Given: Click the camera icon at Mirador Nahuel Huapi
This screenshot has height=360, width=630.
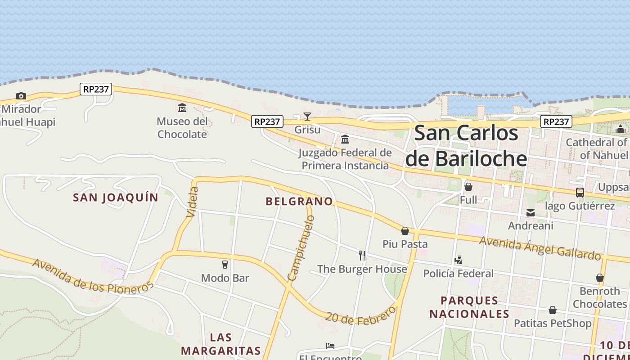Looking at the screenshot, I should pyautogui.click(x=21, y=96).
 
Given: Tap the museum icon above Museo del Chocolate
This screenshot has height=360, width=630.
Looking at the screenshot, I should pyautogui.click(x=182, y=108).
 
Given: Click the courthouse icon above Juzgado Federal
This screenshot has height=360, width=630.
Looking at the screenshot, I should pyautogui.click(x=345, y=139).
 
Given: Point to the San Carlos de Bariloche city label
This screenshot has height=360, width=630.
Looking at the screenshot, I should pyautogui.click(x=466, y=146).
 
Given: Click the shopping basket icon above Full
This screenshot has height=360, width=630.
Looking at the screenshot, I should pyautogui.click(x=468, y=186).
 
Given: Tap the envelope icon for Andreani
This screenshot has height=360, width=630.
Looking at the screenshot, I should pyautogui.click(x=531, y=213).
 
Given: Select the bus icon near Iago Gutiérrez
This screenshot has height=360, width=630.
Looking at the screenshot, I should pyautogui.click(x=580, y=193).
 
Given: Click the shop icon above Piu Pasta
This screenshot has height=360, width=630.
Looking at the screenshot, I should pyautogui.click(x=405, y=231).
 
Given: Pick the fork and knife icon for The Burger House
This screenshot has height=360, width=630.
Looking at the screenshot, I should pyautogui.click(x=362, y=256).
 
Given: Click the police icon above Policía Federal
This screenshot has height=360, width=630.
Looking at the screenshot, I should pyautogui.click(x=458, y=260).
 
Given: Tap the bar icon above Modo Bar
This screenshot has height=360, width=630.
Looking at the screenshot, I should pyautogui.click(x=225, y=264).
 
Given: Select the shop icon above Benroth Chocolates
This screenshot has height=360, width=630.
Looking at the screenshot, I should pyautogui.click(x=600, y=278).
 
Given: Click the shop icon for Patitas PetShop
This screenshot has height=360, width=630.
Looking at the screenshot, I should pyautogui.click(x=553, y=310).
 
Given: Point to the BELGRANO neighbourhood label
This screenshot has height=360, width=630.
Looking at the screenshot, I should pyautogui.click(x=299, y=202).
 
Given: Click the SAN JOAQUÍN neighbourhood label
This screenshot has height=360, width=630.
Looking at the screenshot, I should pyautogui.click(x=116, y=198).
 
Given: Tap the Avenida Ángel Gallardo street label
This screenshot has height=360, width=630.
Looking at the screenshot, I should pyautogui.click(x=540, y=248).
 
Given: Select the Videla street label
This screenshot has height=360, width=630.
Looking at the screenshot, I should pyautogui.click(x=192, y=202).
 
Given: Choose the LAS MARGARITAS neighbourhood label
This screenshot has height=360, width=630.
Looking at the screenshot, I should pyautogui.click(x=221, y=344).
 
